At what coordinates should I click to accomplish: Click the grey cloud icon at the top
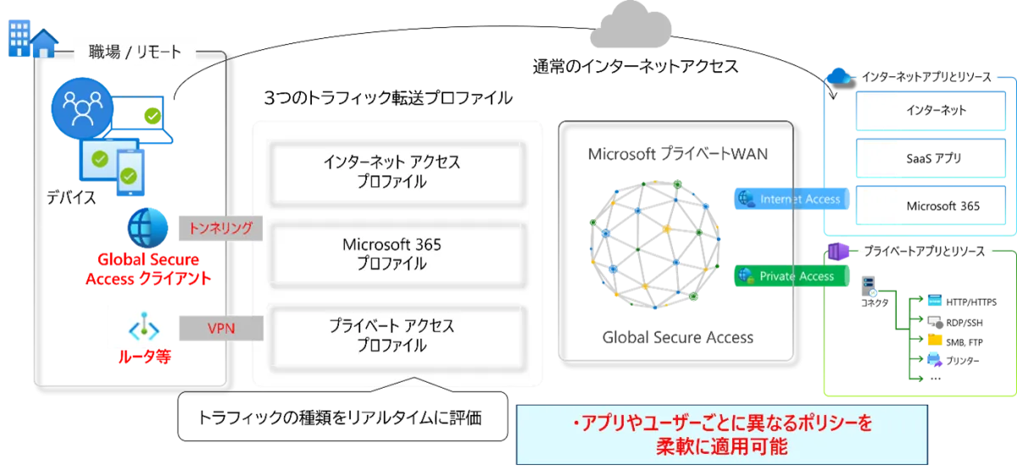(631, 26)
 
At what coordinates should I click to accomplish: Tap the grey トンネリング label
(220, 228)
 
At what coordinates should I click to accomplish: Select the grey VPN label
(221, 328)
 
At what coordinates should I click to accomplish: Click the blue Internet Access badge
(792, 199)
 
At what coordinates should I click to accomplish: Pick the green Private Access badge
(792, 276)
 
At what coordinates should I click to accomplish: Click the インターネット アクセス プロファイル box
(397, 174)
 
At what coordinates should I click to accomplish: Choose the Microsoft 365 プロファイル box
(397, 255)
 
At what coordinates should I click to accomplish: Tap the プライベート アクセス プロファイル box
(397, 337)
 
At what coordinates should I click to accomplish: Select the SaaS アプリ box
(931, 158)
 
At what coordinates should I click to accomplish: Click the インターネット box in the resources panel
(931, 111)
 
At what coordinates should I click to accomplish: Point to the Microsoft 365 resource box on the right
(931, 206)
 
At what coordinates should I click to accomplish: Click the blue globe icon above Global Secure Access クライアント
(147, 228)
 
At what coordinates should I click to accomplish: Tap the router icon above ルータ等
(144, 327)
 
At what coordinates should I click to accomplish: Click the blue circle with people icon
(82, 108)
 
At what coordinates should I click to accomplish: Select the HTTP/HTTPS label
(971, 302)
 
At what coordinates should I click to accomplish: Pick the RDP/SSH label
(964, 323)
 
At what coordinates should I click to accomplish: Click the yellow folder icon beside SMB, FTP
(935, 340)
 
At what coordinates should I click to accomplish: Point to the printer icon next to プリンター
(935, 359)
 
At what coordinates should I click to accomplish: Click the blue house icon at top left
(44, 43)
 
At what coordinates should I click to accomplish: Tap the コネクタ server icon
(868, 286)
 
